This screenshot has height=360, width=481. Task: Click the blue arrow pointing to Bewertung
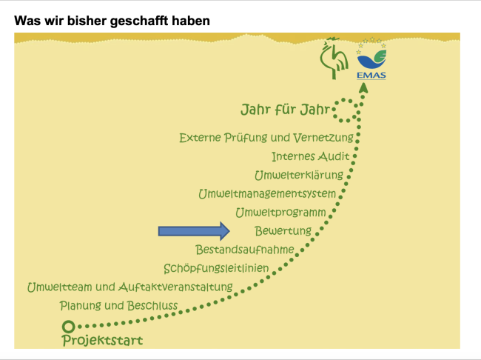point(194,231)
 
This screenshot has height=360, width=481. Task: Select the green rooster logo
point(334,58)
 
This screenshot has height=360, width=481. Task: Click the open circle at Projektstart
point(68,327)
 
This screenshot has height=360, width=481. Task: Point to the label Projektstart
point(102,340)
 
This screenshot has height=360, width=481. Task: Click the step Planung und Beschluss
point(118,306)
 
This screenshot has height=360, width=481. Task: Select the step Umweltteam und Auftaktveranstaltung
point(130,287)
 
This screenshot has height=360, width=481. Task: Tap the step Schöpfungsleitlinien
point(216,268)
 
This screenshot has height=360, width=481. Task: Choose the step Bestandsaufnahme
point(245,250)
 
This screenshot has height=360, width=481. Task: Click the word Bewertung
point(283,230)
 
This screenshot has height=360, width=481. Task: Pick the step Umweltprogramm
point(280,213)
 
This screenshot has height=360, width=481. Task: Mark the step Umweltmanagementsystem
point(267,194)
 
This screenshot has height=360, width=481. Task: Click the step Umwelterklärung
point(299,175)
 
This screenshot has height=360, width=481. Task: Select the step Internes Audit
point(311,156)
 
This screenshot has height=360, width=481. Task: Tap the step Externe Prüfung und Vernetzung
point(266,138)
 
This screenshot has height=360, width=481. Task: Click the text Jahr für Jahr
point(286,110)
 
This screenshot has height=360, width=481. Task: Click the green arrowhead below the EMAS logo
point(363,87)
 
